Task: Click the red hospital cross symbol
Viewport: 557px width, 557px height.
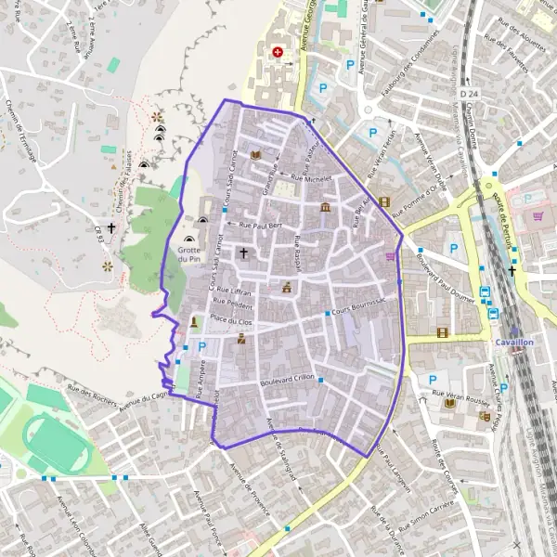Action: pyautogui.click(x=276, y=53)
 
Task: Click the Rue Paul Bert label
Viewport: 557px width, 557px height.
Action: pyautogui.click(x=260, y=226)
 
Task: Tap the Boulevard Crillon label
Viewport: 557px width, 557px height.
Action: pyautogui.click(x=290, y=382)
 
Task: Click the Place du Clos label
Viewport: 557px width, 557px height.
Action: pyautogui.click(x=231, y=319)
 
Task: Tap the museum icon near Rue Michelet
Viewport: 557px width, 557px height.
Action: pyautogui.click(x=325, y=206)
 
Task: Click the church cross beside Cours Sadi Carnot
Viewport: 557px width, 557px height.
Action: pyautogui.click(x=244, y=252)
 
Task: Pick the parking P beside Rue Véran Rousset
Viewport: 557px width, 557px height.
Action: pyautogui.click(x=432, y=379)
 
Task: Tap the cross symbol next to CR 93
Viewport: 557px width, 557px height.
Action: pyautogui.click(x=111, y=227)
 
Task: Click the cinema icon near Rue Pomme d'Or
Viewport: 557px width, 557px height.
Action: pyautogui.click(x=384, y=201)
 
